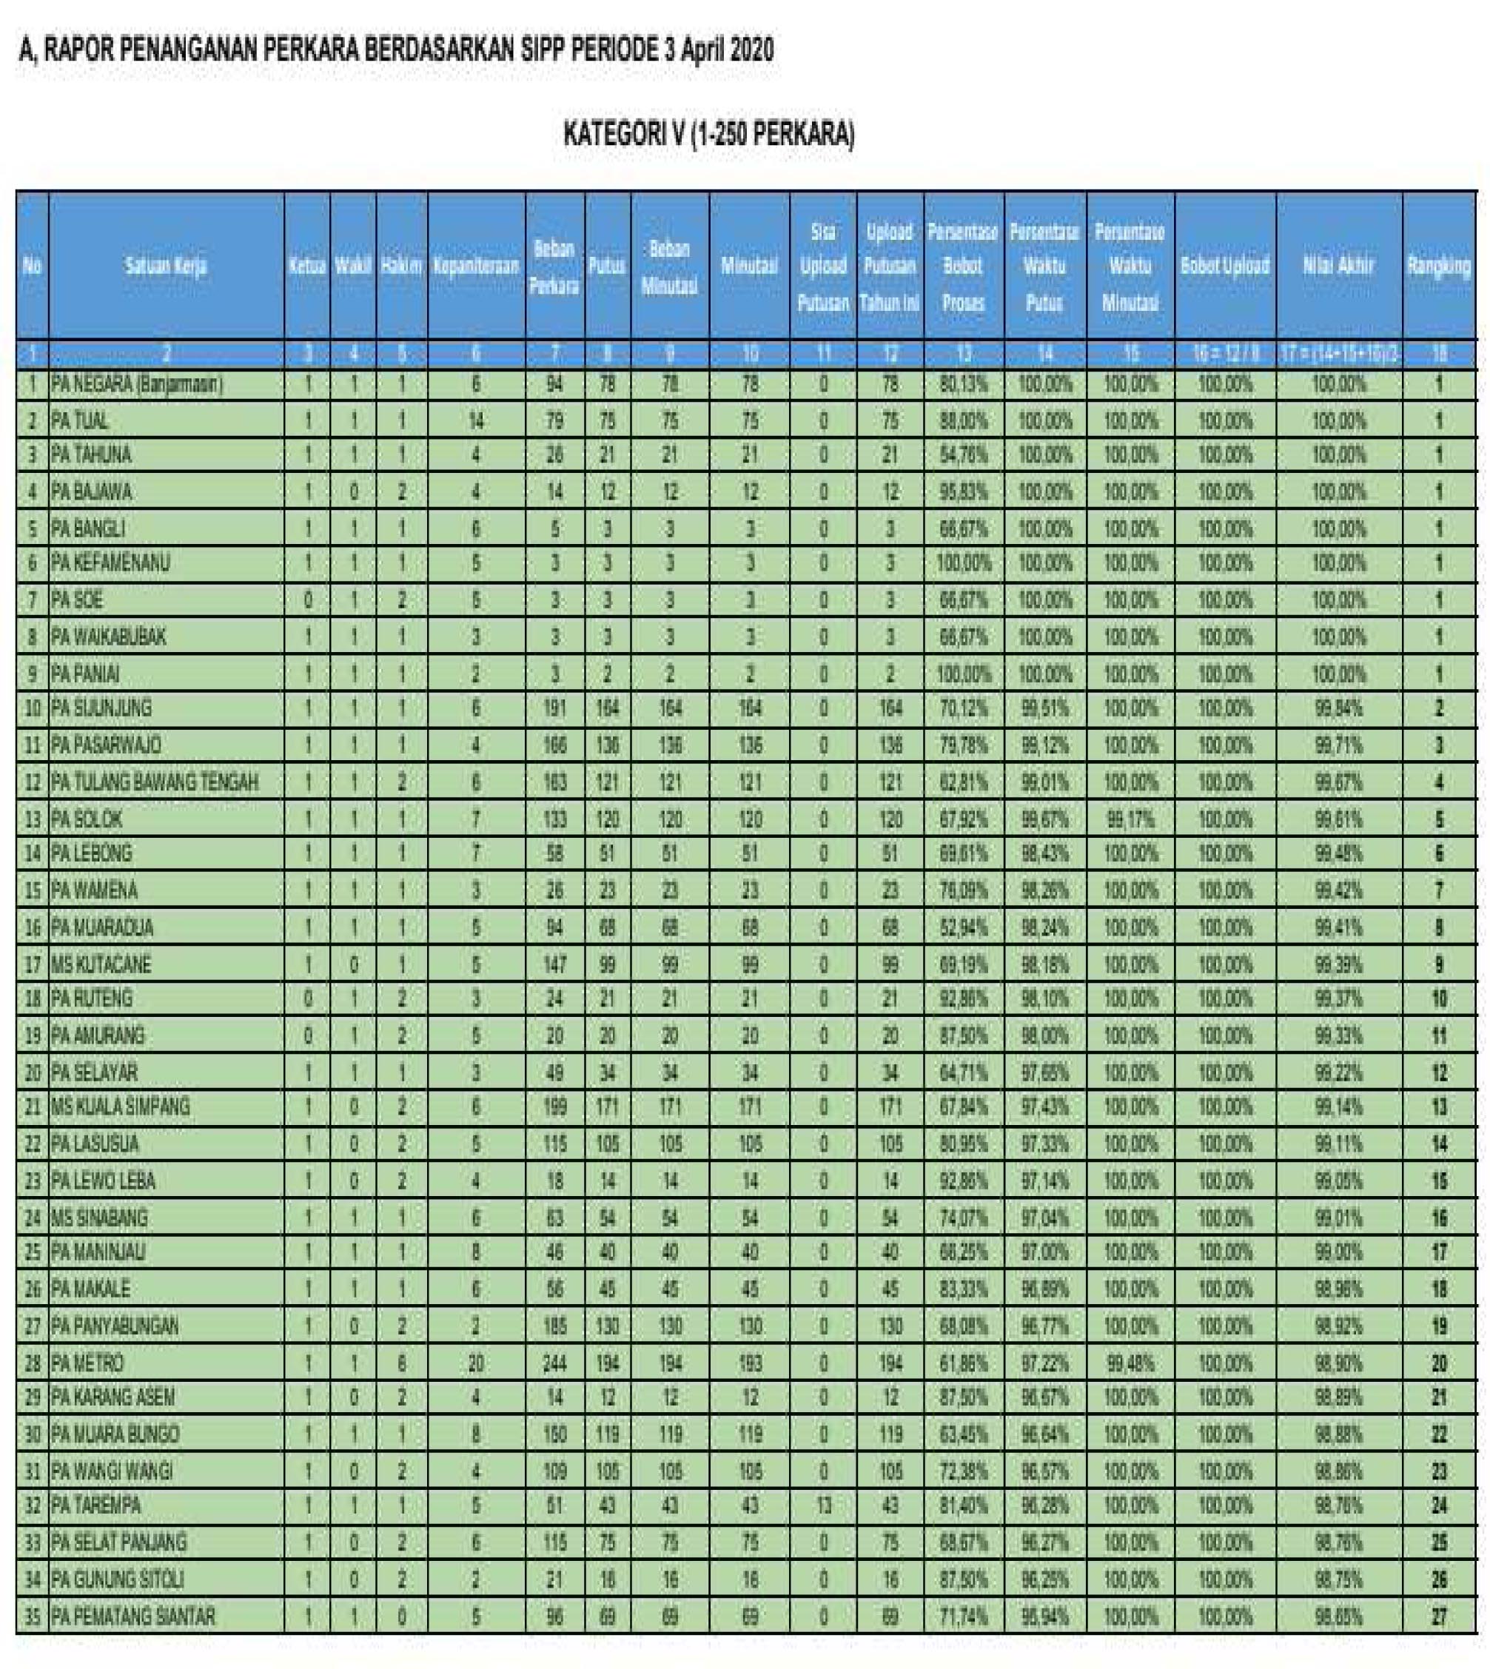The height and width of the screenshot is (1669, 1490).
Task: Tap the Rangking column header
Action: click(1438, 266)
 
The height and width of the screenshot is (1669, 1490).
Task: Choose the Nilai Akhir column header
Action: click(1338, 266)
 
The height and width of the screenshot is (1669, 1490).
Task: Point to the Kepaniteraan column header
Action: click(476, 266)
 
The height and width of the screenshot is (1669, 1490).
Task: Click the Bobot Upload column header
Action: click(1224, 266)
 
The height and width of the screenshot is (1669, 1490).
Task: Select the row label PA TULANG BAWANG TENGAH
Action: click(155, 782)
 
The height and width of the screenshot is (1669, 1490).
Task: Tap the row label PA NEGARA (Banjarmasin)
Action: click(137, 384)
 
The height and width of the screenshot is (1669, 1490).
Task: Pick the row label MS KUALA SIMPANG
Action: click(121, 1106)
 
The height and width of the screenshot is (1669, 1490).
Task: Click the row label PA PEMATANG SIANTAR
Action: click(133, 1616)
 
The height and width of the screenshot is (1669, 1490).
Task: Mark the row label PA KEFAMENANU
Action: click(110, 563)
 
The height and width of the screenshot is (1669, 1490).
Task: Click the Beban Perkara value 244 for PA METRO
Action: click(554, 1363)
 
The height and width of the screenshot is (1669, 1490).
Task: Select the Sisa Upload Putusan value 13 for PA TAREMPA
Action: click(823, 1505)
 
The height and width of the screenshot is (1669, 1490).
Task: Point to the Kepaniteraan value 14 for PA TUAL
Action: click(476, 422)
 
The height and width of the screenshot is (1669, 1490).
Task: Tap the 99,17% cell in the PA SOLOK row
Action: click(1130, 819)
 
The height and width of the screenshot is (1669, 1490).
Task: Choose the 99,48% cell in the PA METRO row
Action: click(1130, 1363)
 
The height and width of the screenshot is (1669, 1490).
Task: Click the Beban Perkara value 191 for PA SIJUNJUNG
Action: click(554, 708)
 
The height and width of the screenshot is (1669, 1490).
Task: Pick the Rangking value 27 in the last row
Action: click(1438, 1616)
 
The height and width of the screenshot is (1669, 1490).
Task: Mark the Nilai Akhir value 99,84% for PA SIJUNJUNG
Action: click(1338, 708)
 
